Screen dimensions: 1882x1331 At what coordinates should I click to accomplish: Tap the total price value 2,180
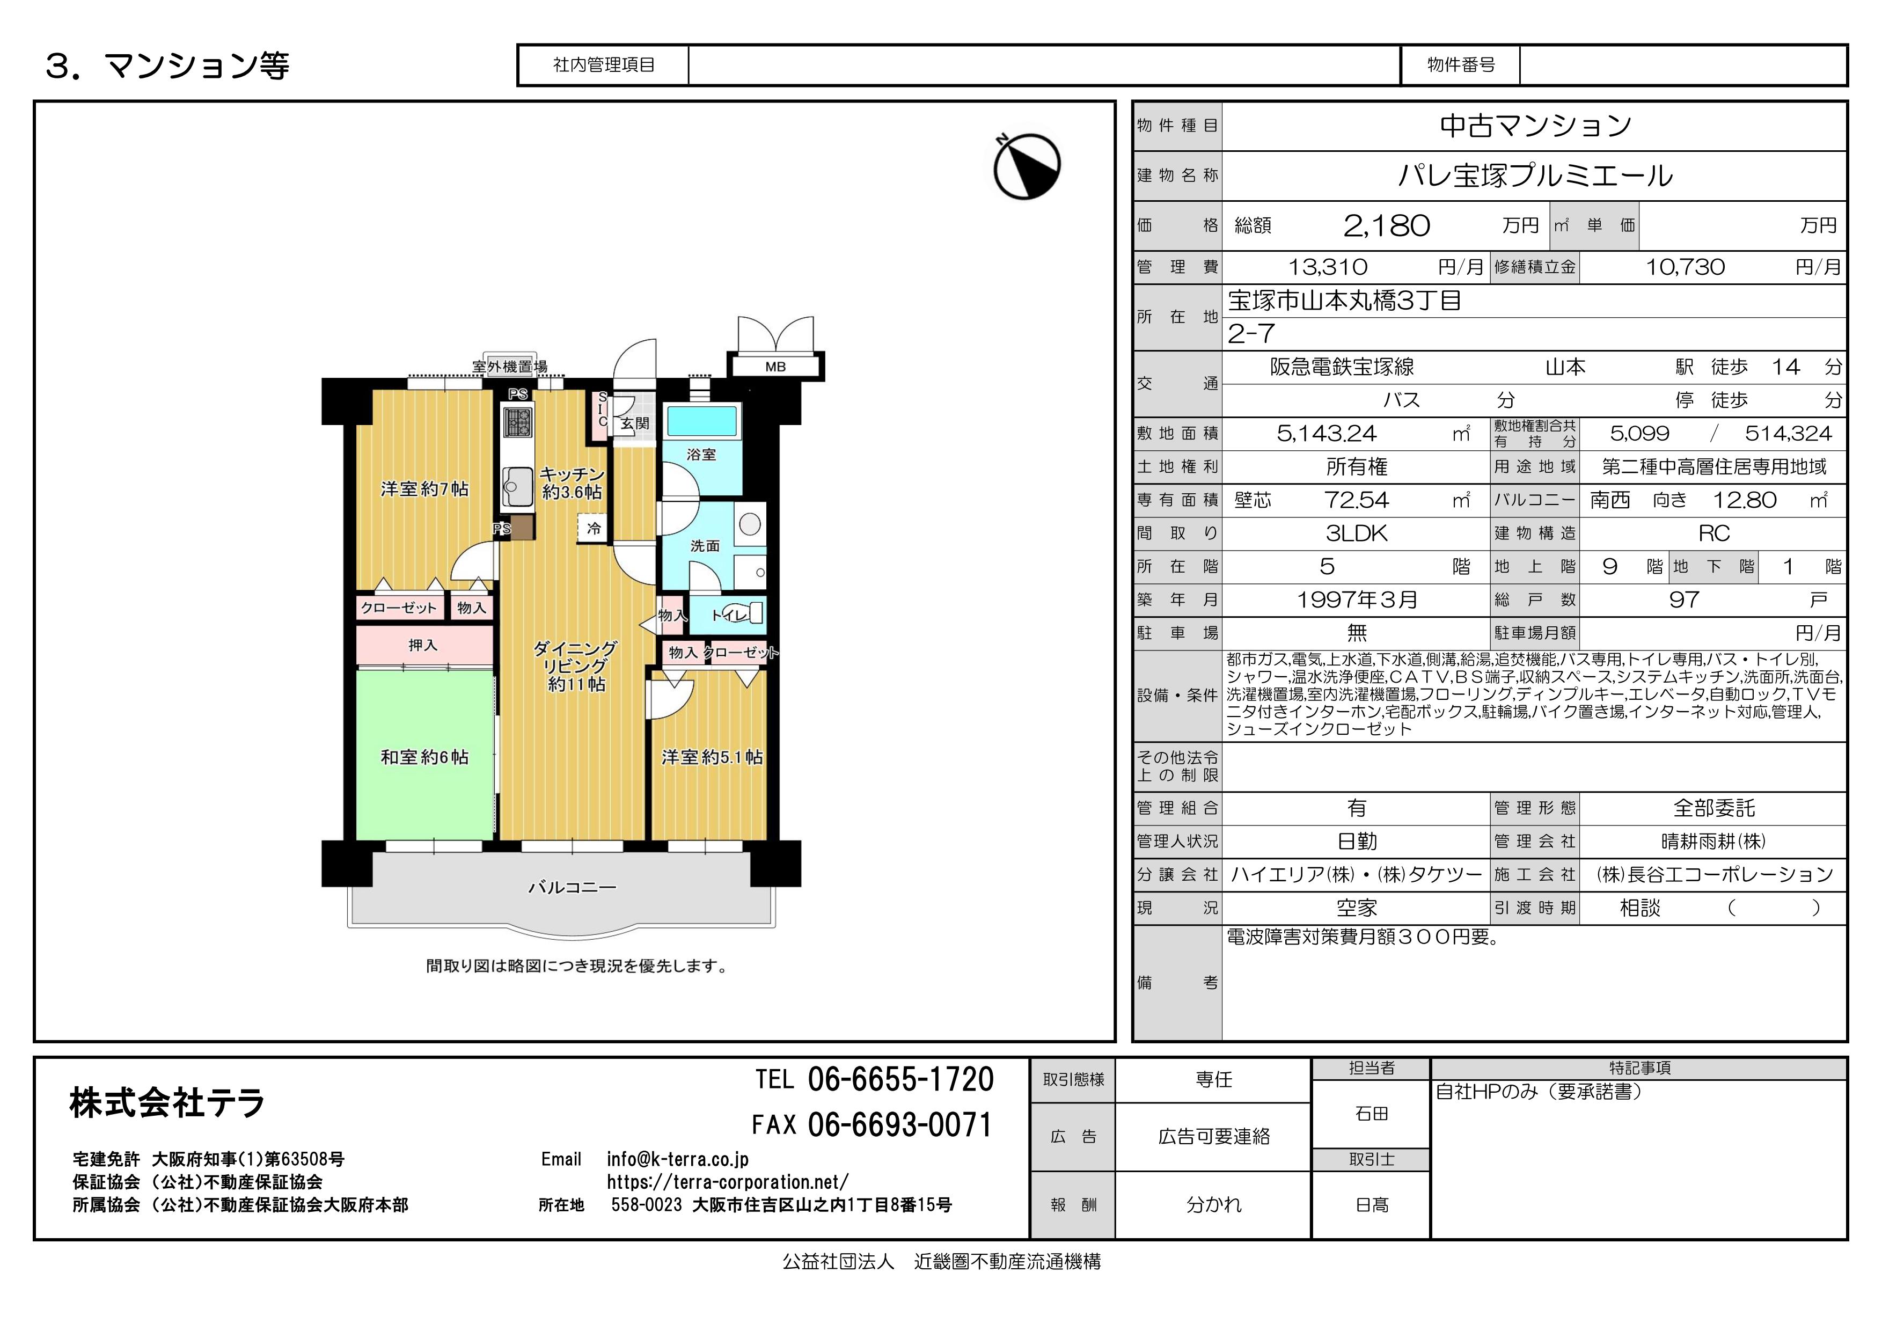1387,225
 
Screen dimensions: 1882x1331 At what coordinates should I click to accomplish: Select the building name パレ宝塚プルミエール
1534,175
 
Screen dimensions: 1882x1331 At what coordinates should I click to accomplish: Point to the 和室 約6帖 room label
424,757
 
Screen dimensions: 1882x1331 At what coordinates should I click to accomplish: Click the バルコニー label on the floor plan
572,887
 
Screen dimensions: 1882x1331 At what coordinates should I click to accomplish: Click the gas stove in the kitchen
517,422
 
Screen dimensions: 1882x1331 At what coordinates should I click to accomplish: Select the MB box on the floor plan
775,367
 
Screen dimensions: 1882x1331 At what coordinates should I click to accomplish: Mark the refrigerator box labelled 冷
594,529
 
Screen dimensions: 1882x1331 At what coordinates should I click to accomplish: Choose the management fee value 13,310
1328,267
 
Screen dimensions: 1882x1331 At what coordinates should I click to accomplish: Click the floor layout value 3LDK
1357,533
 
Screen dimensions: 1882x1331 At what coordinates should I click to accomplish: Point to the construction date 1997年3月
1357,600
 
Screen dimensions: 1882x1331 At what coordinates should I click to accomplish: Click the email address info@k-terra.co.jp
678,1159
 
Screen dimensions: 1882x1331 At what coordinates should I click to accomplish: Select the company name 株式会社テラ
167,1102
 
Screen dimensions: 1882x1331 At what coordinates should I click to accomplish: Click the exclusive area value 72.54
1357,500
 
